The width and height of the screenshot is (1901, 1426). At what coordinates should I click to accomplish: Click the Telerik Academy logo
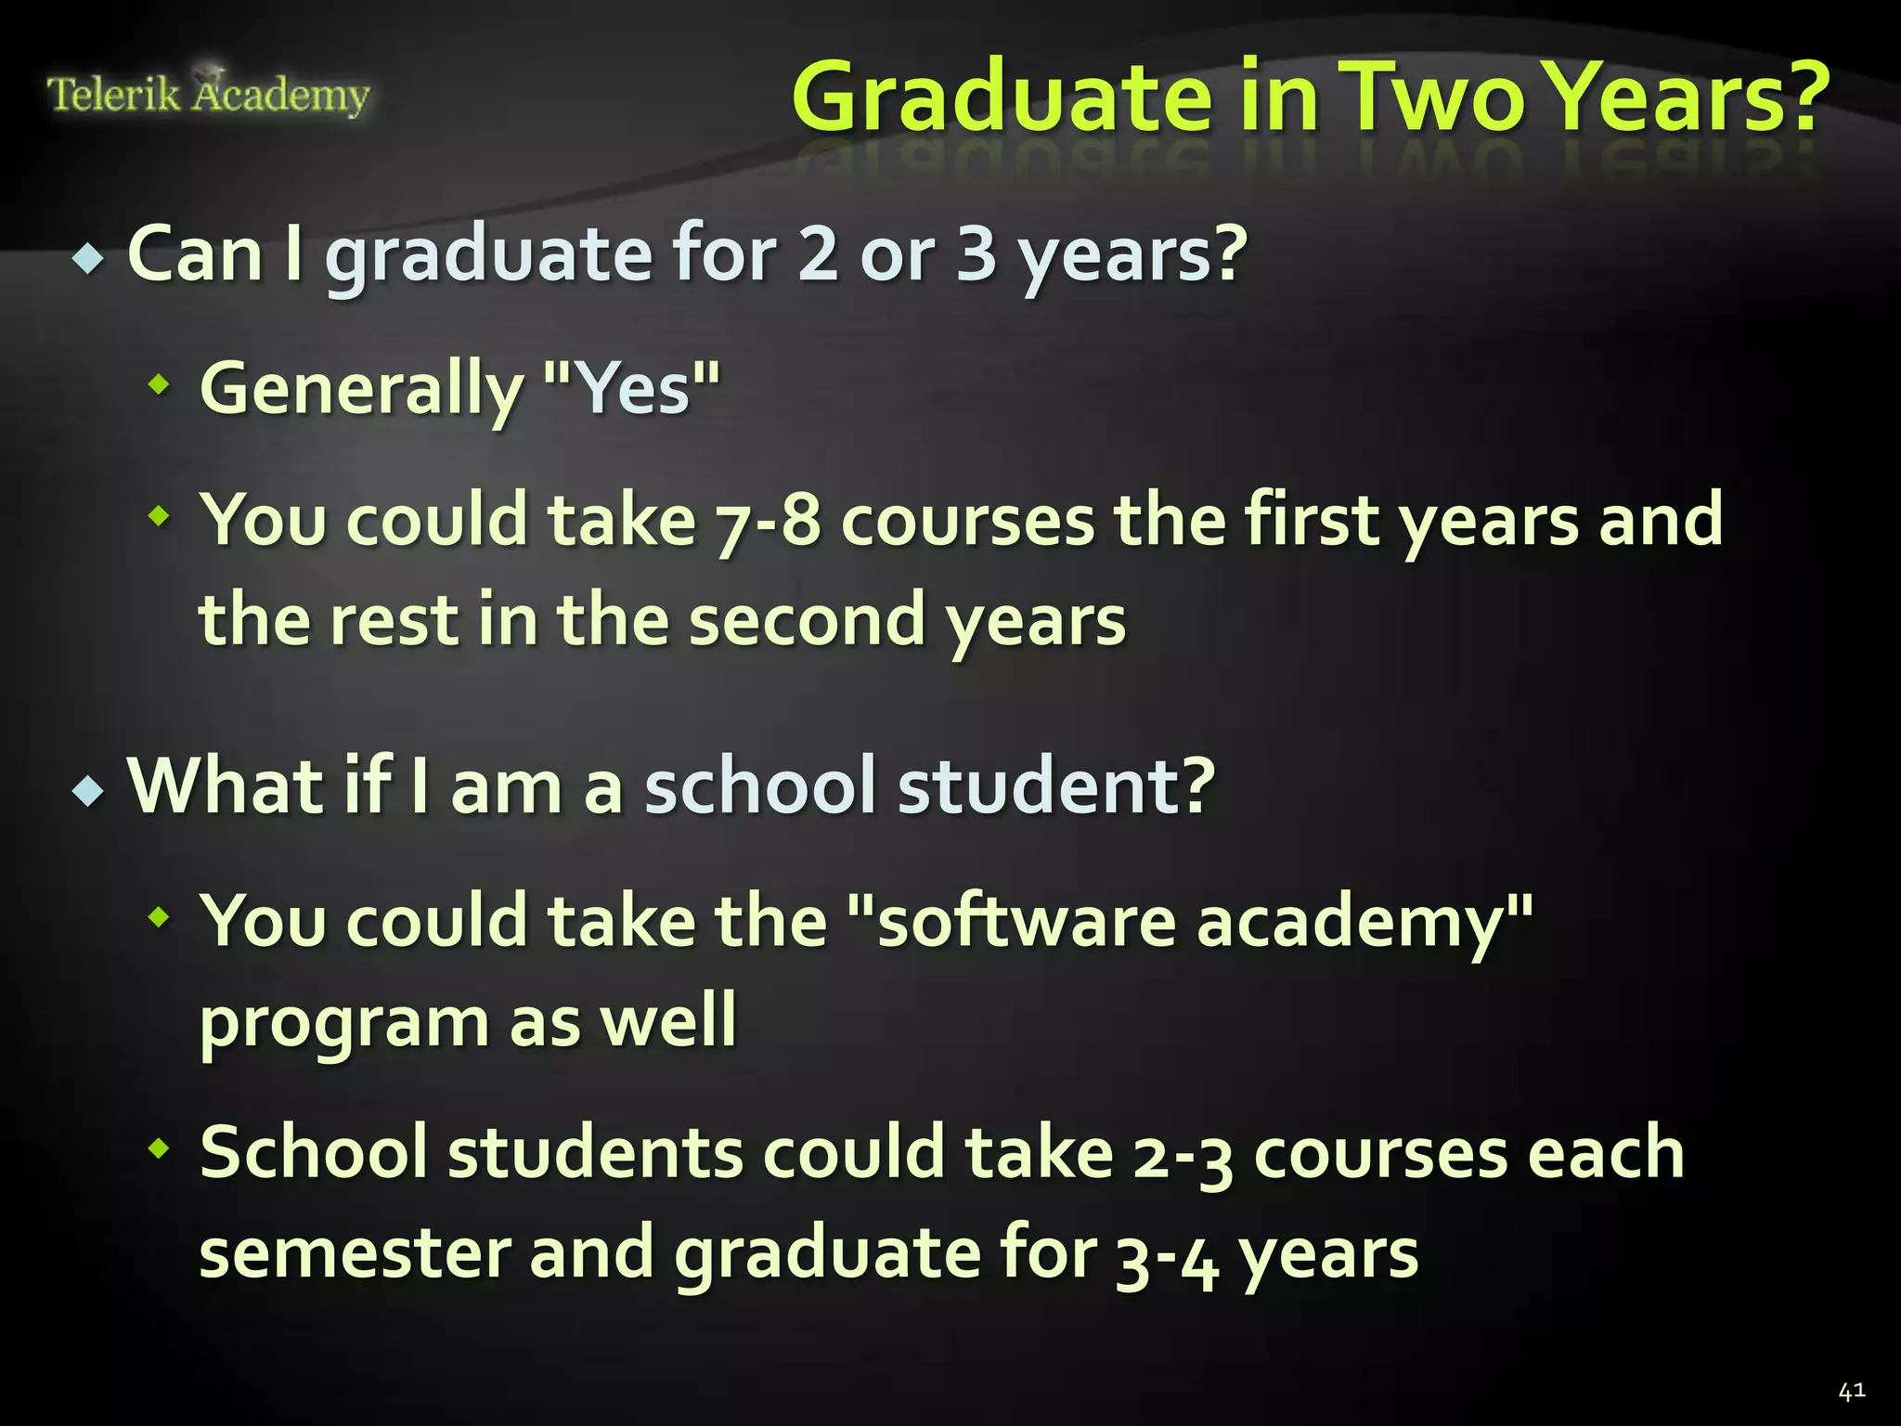pos(208,94)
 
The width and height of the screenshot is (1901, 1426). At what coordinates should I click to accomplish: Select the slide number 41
pos(1851,1391)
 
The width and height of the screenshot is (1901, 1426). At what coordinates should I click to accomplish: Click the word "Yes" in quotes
pos(631,388)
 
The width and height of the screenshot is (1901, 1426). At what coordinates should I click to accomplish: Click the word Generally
pos(362,390)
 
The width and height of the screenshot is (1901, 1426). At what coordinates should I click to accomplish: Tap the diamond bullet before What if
pos(89,791)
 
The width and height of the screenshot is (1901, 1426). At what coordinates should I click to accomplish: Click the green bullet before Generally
pos(160,382)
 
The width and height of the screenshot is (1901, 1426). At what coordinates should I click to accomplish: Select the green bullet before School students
pos(160,1148)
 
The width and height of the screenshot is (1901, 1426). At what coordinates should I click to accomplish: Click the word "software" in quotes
pos(1012,921)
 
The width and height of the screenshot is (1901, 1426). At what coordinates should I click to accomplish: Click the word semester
pos(354,1254)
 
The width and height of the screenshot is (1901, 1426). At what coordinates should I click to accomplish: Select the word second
pos(808,620)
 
